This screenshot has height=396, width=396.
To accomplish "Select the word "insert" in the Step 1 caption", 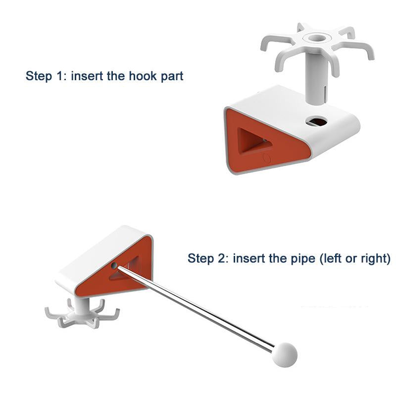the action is [x=87, y=76].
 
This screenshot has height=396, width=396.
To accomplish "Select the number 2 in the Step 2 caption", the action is [x=221, y=258].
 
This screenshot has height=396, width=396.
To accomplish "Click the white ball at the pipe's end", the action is [x=285, y=354].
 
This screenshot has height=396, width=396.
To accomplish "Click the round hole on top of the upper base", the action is [x=316, y=121].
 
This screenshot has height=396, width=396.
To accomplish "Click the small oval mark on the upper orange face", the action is [x=267, y=158].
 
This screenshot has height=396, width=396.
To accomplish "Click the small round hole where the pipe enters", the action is [x=114, y=265].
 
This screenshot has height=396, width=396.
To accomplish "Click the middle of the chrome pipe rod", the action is [x=196, y=308].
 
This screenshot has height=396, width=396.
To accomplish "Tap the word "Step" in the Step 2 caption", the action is [x=200, y=259].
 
